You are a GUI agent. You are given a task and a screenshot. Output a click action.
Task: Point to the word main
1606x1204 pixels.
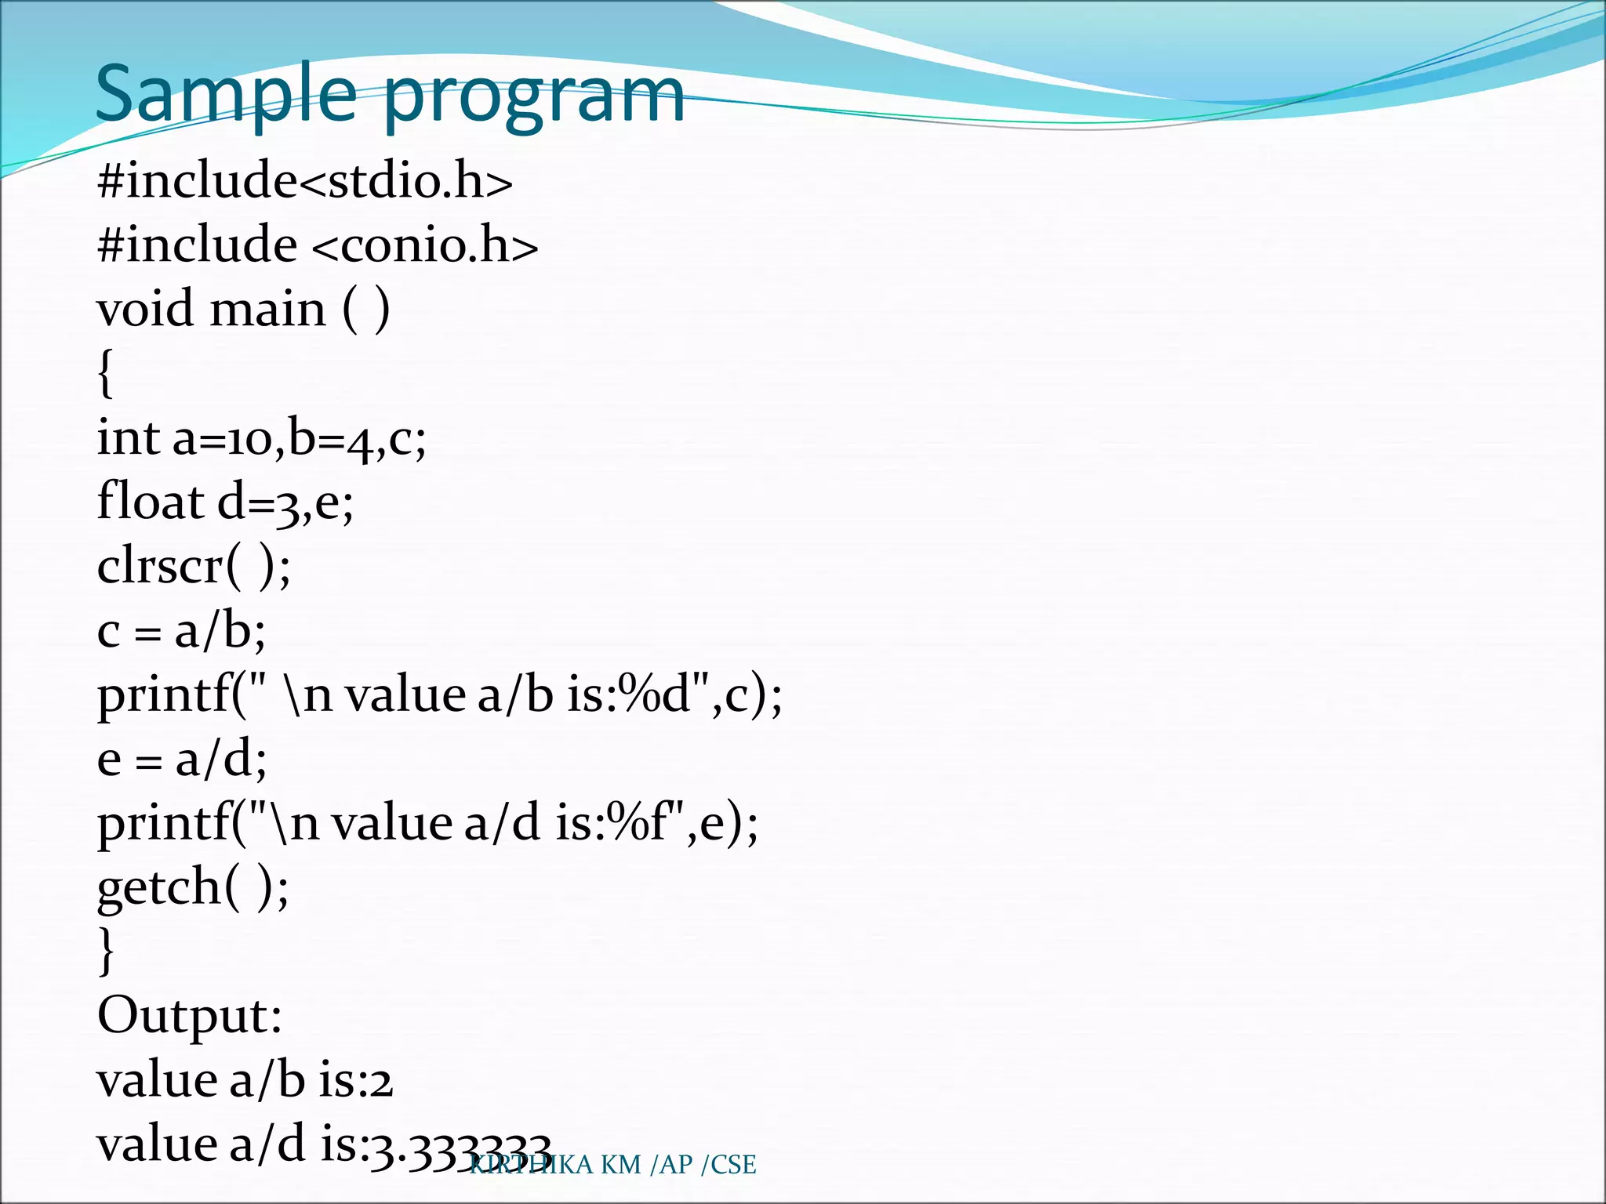(x=267, y=308)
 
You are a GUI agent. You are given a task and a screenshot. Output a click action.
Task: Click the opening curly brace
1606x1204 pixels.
(x=106, y=373)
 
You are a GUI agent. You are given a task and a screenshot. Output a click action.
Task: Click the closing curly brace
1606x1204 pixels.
(x=106, y=950)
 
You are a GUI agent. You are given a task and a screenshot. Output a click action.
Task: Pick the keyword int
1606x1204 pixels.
(x=128, y=437)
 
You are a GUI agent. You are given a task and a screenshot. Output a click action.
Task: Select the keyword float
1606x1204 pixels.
(x=150, y=501)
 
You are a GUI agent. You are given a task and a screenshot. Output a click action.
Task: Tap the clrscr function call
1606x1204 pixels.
(x=193, y=565)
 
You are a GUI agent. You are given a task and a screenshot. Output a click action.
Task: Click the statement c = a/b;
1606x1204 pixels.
(x=181, y=630)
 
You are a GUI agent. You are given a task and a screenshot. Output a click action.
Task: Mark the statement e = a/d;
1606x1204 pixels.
(x=182, y=759)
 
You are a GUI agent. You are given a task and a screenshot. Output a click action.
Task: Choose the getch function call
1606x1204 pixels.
(x=192, y=887)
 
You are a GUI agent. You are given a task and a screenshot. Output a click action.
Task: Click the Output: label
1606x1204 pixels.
(x=189, y=1016)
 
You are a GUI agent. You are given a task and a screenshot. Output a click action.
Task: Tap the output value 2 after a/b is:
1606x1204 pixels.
(x=381, y=1082)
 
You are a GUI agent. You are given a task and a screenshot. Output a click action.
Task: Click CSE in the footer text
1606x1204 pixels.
(x=733, y=1165)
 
